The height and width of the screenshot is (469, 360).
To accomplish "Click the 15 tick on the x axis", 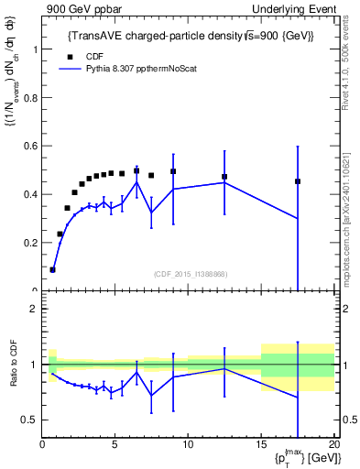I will (x=261, y=446).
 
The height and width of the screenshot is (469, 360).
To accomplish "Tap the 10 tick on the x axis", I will (x=188, y=446).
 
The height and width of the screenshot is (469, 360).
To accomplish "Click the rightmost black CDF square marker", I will (x=298, y=181).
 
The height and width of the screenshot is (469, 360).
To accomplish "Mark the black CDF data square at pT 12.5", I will (x=224, y=177).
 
